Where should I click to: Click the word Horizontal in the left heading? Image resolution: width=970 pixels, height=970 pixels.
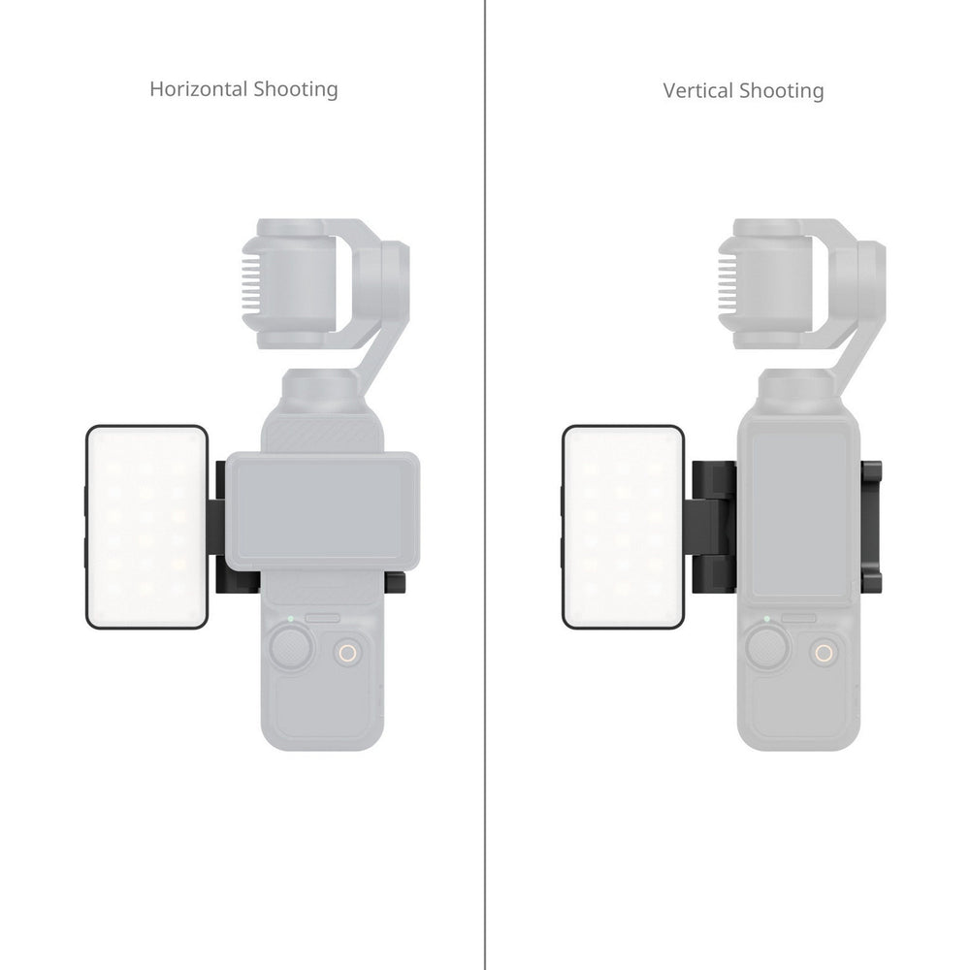(x=198, y=89)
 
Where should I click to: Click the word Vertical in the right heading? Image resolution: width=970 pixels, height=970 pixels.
(x=698, y=91)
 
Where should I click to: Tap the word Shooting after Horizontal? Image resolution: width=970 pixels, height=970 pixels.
(x=295, y=90)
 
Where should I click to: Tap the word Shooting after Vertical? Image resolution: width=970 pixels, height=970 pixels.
(x=782, y=91)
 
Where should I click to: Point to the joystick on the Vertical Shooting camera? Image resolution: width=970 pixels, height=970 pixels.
(x=766, y=644)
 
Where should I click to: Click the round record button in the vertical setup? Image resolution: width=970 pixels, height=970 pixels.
(x=824, y=654)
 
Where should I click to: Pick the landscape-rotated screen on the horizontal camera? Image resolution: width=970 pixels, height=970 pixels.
(x=326, y=504)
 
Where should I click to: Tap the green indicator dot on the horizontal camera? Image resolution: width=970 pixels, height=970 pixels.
(x=289, y=617)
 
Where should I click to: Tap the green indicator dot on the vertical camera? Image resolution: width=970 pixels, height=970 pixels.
(x=766, y=617)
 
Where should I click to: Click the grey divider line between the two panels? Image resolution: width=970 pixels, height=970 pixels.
(x=484, y=485)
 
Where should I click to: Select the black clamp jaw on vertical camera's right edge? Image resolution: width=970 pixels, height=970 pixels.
(x=874, y=524)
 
